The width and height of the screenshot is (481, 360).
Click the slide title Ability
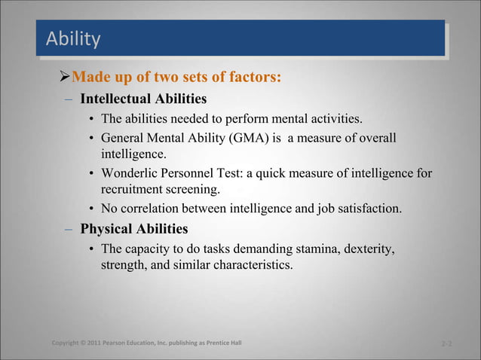[x=73, y=38]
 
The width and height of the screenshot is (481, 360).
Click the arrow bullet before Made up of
[x=64, y=77]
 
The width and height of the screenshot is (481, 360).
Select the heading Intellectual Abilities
[x=143, y=99]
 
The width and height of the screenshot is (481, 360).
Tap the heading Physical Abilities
[x=134, y=228]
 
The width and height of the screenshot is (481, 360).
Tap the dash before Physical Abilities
[x=68, y=229]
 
